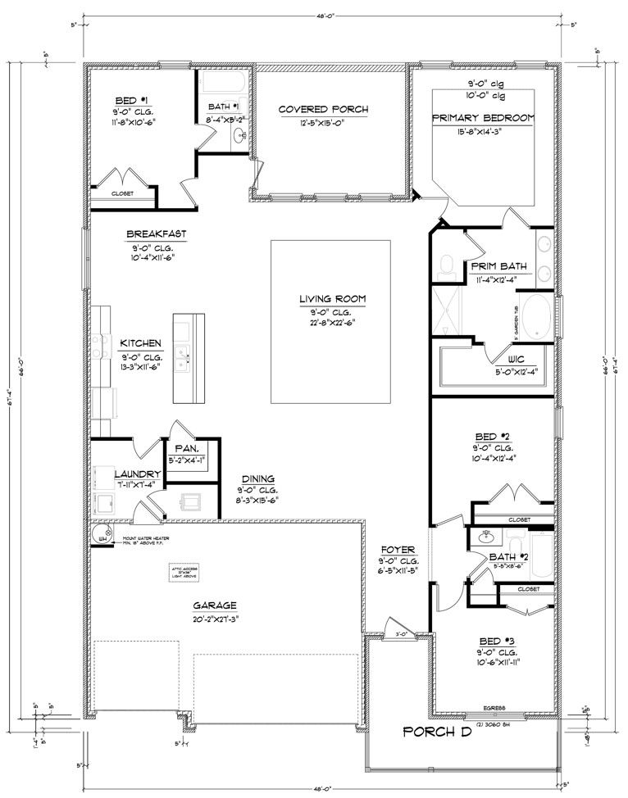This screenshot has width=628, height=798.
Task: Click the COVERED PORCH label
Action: [322, 109]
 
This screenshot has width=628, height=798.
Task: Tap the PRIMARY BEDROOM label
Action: [484, 118]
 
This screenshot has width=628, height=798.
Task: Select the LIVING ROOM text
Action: [332, 299]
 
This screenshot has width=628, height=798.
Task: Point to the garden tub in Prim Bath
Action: [538, 317]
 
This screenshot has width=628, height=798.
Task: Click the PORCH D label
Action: [438, 732]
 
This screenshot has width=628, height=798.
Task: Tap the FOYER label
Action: [399, 549]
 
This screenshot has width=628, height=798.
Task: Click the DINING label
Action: [257, 479]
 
